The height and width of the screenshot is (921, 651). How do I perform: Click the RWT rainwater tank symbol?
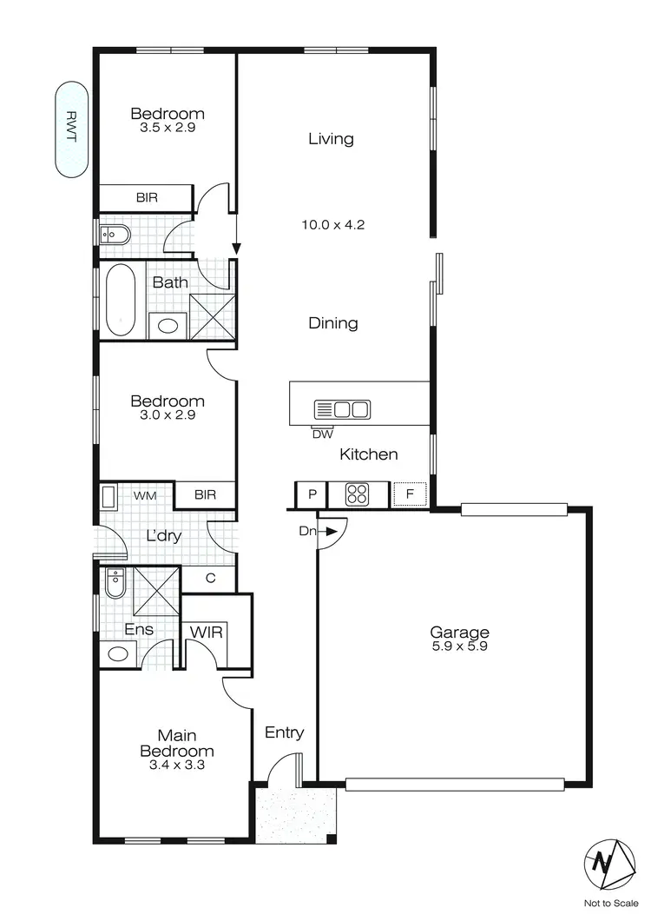[71, 129]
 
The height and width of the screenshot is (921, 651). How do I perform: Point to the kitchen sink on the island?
[342, 408]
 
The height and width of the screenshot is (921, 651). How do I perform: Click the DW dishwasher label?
[323, 434]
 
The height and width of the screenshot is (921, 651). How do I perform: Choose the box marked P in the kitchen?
[310, 494]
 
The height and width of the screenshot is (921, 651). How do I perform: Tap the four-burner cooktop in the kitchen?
[358, 494]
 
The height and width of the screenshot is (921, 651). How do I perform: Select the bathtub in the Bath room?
[121, 300]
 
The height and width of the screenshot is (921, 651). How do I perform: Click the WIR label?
[206, 632]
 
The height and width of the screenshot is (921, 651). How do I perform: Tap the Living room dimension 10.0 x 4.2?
[332, 224]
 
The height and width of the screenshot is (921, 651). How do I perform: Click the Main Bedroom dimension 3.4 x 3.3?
[177, 765]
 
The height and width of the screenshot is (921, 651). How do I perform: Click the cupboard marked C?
[210, 577]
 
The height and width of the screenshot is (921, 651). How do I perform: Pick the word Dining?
[333, 323]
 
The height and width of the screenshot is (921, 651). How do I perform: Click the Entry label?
[284, 732]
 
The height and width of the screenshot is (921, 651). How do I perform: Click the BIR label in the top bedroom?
[147, 198]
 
